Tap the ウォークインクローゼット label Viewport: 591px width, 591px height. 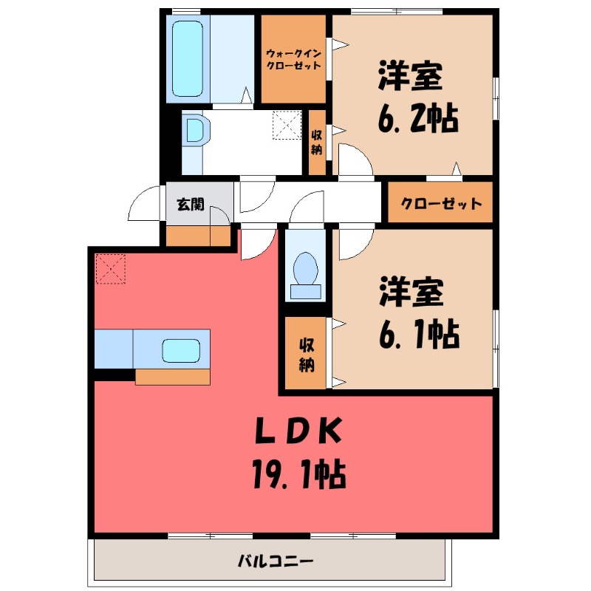pyautogui.click(x=293, y=58)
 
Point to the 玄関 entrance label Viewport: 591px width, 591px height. pyautogui.click(x=190, y=205)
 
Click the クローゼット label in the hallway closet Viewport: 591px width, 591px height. pyautogui.click(x=441, y=204)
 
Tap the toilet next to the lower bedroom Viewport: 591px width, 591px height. pyautogui.click(x=305, y=276)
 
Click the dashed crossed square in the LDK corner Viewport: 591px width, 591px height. pyautogui.click(x=111, y=269)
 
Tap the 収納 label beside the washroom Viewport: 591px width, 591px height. pyautogui.click(x=316, y=142)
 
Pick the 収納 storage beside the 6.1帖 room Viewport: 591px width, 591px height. pyautogui.click(x=306, y=354)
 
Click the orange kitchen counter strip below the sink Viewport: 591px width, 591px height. pyautogui.click(x=173, y=376)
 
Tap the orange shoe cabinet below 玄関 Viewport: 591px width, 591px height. pyautogui.click(x=198, y=236)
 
